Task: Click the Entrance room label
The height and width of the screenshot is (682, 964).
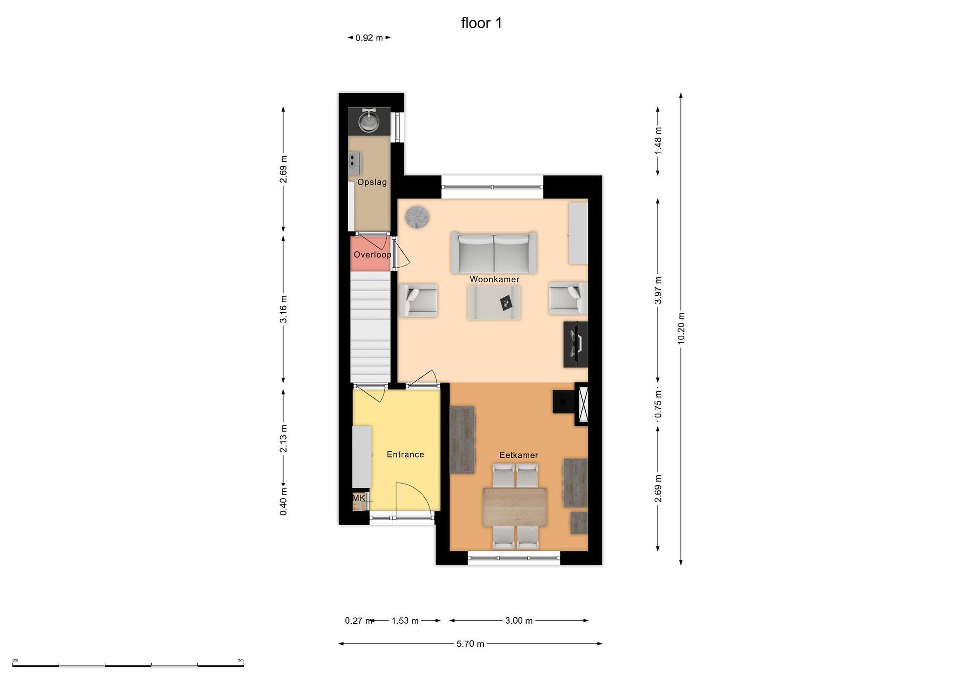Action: (x=405, y=454)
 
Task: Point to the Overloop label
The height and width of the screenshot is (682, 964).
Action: (x=373, y=254)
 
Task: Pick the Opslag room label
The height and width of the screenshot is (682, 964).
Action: (x=372, y=182)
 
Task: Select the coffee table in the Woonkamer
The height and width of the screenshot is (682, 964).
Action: (x=494, y=302)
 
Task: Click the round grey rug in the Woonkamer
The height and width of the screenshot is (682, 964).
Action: (x=417, y=217)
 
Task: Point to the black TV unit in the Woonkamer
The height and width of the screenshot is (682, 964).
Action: (x=576, y=345)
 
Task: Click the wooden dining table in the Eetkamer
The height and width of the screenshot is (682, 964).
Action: (x=515, y=507)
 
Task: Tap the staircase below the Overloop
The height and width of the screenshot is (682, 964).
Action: (x=371, y=327)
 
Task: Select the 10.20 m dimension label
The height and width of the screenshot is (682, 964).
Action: (x=681, y=328)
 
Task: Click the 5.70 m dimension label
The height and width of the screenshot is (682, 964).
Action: (x=470, y=644)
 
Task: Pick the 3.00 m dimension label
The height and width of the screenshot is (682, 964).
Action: (x=519, y=621)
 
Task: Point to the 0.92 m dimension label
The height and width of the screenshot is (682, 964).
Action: (x=369, y=38)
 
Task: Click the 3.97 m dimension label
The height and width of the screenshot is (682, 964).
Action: (x=658, y=290)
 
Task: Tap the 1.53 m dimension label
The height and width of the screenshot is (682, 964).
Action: (x=405, y=621)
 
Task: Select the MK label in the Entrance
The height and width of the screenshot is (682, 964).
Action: (x=358, y=498)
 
